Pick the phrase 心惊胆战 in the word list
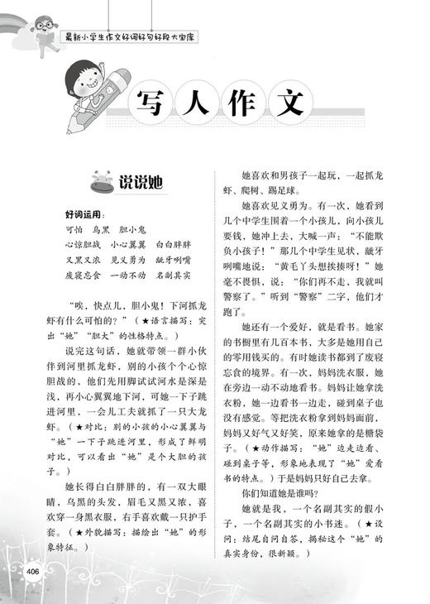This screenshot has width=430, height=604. [82, 246]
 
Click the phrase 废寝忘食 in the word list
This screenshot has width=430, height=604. [82, 277]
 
